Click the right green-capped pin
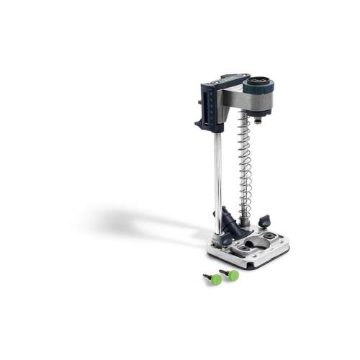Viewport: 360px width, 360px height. (232, 274)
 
